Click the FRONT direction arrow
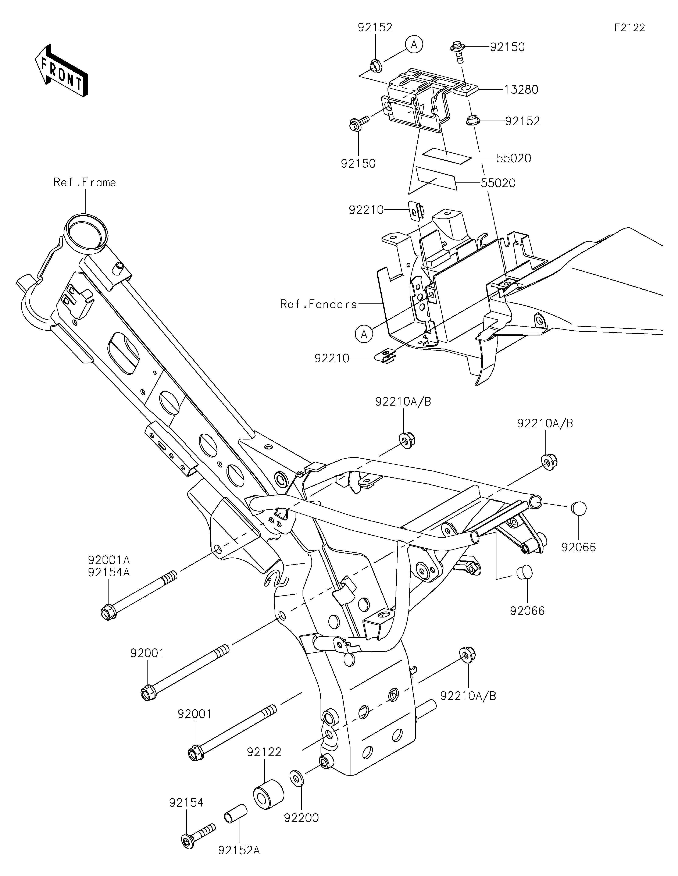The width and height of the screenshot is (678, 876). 61,70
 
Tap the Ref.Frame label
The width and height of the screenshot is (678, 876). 85,182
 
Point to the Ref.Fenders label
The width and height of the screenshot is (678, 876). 319,305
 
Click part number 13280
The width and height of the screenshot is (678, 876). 521,89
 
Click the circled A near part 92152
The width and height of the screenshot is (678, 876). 414,44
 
